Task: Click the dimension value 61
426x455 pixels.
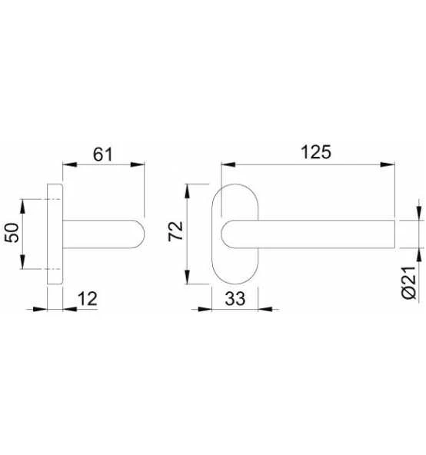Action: pos(102,154)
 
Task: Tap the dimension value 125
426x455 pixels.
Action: pos(315,152)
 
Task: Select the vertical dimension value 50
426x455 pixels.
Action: pos(12,233)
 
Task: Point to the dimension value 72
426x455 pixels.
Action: pos(175,231)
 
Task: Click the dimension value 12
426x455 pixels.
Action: pos(88,298)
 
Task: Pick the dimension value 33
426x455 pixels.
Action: pos(235,298)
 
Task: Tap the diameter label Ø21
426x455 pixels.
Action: pos(409,282)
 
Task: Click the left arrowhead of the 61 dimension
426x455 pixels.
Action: pos(70,164)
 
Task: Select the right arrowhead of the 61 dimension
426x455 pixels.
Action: pos(137,164)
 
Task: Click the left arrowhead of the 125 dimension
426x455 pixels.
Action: pos(228,164)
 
